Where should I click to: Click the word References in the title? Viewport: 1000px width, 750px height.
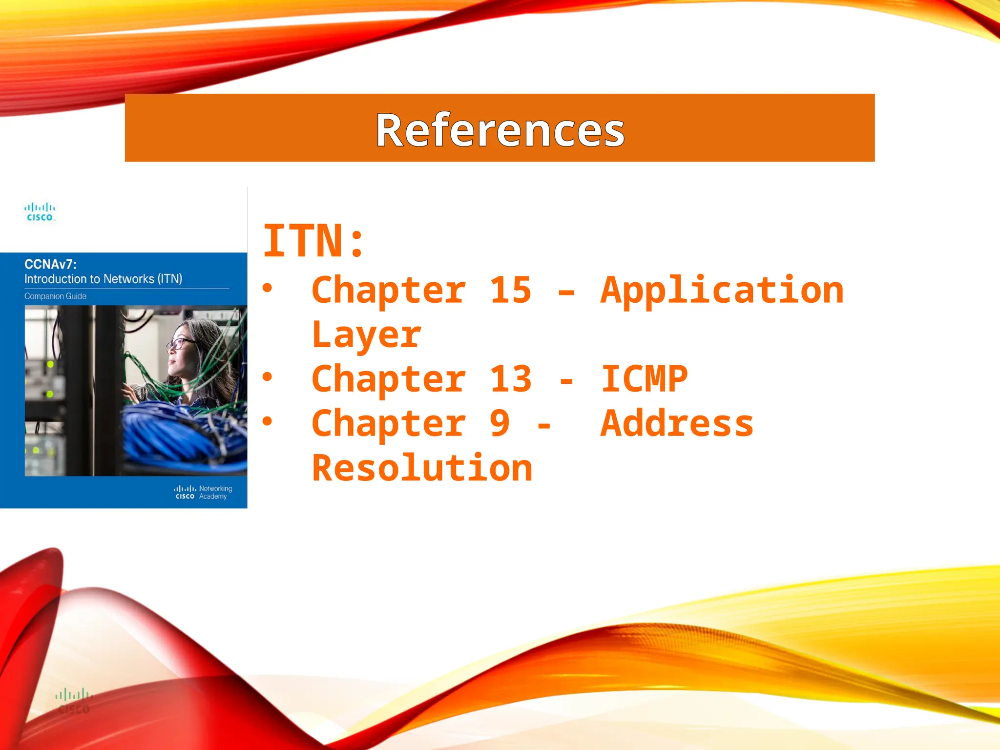[500, 130]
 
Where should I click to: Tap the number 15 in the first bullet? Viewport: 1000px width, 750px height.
[510, 290]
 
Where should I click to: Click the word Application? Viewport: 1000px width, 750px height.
[722, 291]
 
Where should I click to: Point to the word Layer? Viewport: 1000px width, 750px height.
[366, 335]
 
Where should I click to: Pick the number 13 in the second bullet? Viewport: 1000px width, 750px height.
[510, 379]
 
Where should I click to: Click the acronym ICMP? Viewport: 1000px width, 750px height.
[644, 379]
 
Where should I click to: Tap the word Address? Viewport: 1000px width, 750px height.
[677, 423]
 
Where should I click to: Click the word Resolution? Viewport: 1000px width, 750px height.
[422, 468]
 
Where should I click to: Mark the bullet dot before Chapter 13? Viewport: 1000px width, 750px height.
[267, 376]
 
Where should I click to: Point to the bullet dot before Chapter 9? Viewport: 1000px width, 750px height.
[267, 421]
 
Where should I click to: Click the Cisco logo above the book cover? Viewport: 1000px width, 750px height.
[40, 212]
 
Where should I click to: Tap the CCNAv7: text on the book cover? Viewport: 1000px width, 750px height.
[50, 265]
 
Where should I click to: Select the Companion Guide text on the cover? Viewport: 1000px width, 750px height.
[55, 296]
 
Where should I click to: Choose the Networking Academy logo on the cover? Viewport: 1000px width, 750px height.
[203, 492]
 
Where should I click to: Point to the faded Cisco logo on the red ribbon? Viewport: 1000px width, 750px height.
[73, 701]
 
